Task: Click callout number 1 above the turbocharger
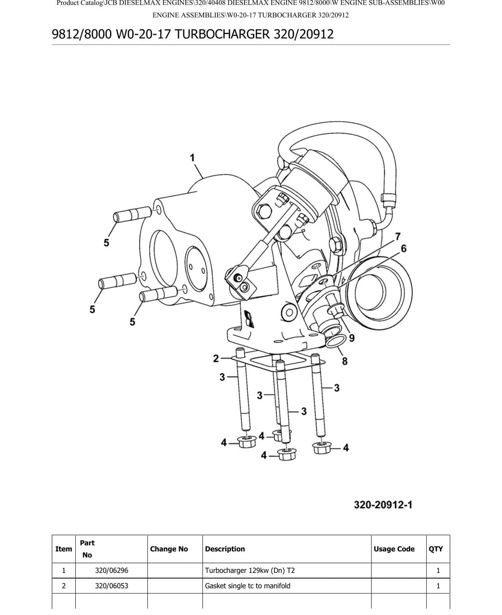pyautogui.click(x=192, y=158)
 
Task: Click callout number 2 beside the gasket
pyautogui.click(x=216, y=358)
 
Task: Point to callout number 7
pyautogui.click(x=397, y=237)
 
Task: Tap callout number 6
pyautogui.click(x=403, y=249)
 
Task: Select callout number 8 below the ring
pyautogui.click(x=345, y=361)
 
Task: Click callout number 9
pyautogui.click(x=352, y=338)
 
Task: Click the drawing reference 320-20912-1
pyautogui.click(x=383, y=505)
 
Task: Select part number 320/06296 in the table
pyautogui.click(x=112, y=570)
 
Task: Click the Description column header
pyautogui.click(x=225, y=549)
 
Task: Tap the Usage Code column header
pyautogui.click(x=394, y=549)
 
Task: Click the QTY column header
pyautogui.click(x=435, y=549)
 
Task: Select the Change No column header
pyautogui.click(x=169, y=549)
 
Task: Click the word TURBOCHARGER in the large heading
pyautogui.click(x=222, y=34)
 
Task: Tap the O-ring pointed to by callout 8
pyautogui.click(x=336, y=341)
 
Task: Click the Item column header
pyautogui.click(x=63, y=549)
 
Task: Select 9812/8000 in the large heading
pyautogui.click(x=82, y=34)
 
